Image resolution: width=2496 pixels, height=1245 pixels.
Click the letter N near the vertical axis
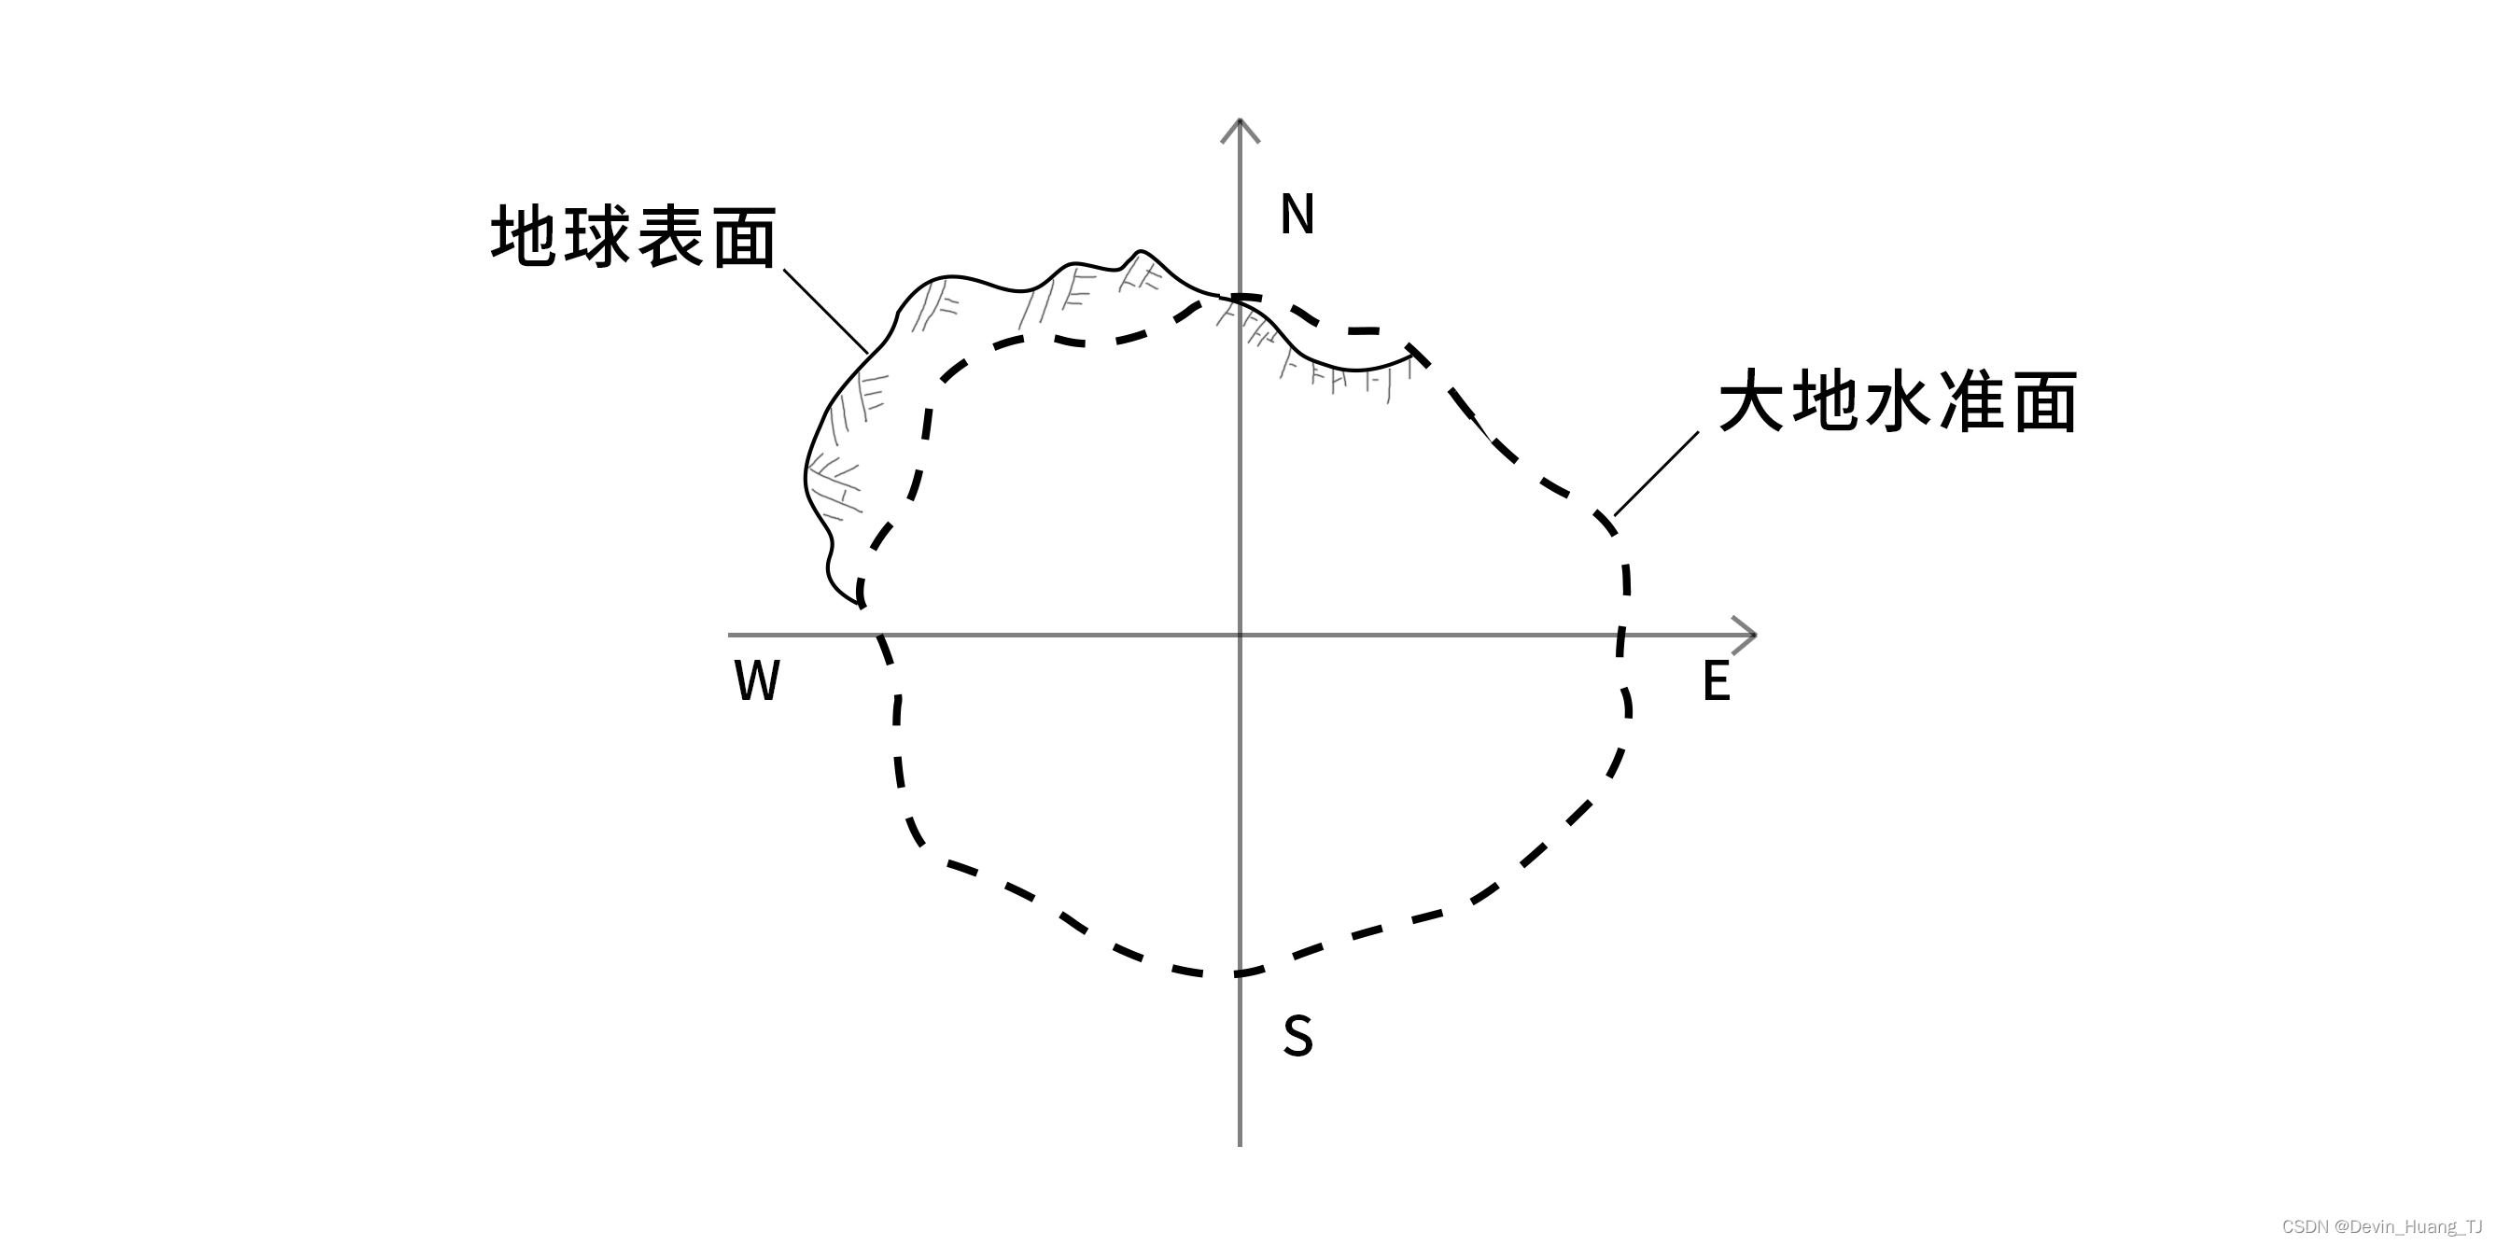(1297, 214)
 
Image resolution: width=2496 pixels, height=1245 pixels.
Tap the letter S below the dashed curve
(1297, 1036)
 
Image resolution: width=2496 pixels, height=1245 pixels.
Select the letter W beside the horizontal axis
(757, 681)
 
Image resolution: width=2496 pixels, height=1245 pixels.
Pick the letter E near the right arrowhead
(1716, 681)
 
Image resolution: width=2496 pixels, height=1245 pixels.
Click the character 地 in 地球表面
(525, 235)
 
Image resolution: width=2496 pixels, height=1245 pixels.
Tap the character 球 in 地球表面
(597, 235)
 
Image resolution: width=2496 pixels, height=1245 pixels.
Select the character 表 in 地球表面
(671, 235)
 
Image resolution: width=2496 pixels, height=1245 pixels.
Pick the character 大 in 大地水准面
(1752, 400)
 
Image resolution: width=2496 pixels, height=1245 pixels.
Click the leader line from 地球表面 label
(825, 311)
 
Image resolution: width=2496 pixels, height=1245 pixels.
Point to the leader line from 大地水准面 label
(1656, 474)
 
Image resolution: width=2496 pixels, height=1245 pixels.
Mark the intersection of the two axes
(1241, 636)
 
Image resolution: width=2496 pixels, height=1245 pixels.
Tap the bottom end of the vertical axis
(1241, 1144)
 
